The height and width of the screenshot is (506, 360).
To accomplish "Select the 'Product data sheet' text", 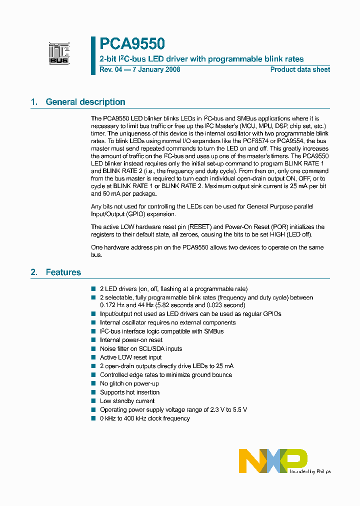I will tap(300, 69).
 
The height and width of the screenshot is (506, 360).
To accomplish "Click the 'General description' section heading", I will tap(85, 102).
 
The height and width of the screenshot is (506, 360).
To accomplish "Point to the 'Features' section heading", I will tap(63, 272).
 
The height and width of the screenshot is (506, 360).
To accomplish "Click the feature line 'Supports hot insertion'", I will tap(129, 392).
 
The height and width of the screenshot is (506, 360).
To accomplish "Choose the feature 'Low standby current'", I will tap(127, 401).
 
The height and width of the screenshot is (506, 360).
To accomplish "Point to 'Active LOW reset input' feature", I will tap(130, 357).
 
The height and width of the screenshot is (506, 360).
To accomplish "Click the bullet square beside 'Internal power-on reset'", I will tap(93, 340).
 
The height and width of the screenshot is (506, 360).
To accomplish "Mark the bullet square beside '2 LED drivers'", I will tap(93, 288).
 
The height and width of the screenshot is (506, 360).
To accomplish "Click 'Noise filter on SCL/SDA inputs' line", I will tap(141, 349).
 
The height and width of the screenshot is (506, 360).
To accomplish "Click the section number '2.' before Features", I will tap(34, 272).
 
